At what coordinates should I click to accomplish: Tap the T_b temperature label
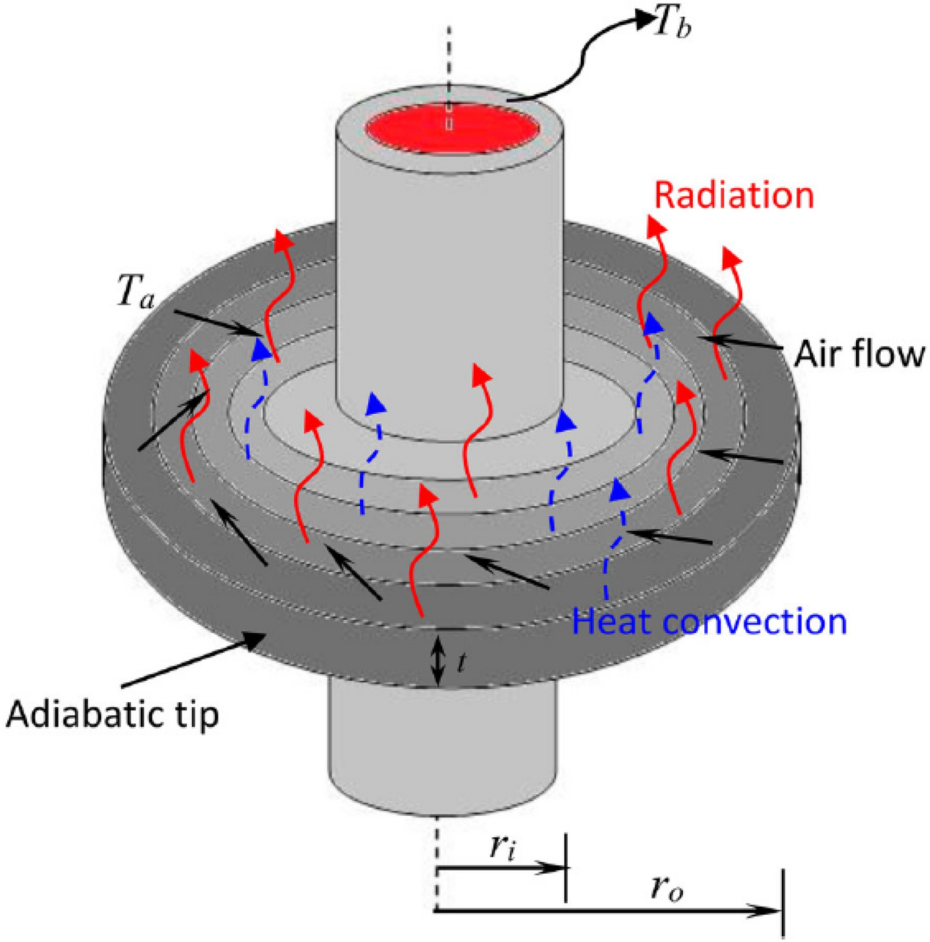point(669,25)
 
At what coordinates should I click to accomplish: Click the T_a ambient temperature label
point(136,295)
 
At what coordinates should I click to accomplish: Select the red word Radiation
point(733,196)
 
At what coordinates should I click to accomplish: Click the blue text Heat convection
point(709,621)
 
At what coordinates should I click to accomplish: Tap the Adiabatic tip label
point(113,713)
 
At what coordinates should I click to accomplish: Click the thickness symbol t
point(461,662)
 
